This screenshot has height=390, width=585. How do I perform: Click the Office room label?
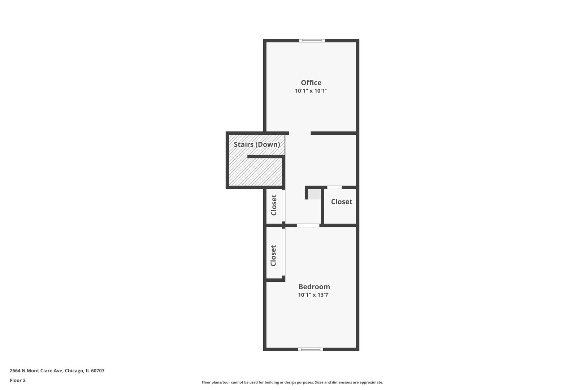311,83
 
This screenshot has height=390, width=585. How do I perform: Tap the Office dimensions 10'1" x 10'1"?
311,91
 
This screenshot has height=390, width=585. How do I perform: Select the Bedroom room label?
314,287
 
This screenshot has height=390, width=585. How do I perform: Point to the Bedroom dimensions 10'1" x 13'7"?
314,295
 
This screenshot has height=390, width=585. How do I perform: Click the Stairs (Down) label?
257,144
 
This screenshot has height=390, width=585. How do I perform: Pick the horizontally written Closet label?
342,201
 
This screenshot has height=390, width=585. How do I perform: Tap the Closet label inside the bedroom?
273,255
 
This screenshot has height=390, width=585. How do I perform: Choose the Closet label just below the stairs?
274,205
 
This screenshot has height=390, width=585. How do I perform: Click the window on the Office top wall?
312,40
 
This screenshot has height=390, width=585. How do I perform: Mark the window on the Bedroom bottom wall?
311,349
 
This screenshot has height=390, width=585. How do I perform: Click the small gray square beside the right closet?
315,194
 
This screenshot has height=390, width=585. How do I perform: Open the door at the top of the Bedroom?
308,225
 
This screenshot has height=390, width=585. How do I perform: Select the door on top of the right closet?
334,187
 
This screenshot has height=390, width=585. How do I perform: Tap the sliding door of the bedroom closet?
283,252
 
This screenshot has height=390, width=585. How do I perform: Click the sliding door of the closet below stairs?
283,206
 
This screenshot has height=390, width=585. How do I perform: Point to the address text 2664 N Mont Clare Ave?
36,370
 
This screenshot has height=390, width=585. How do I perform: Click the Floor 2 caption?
18,380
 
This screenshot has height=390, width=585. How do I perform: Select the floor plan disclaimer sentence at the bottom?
292,382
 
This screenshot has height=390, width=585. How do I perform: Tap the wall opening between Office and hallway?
300,133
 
